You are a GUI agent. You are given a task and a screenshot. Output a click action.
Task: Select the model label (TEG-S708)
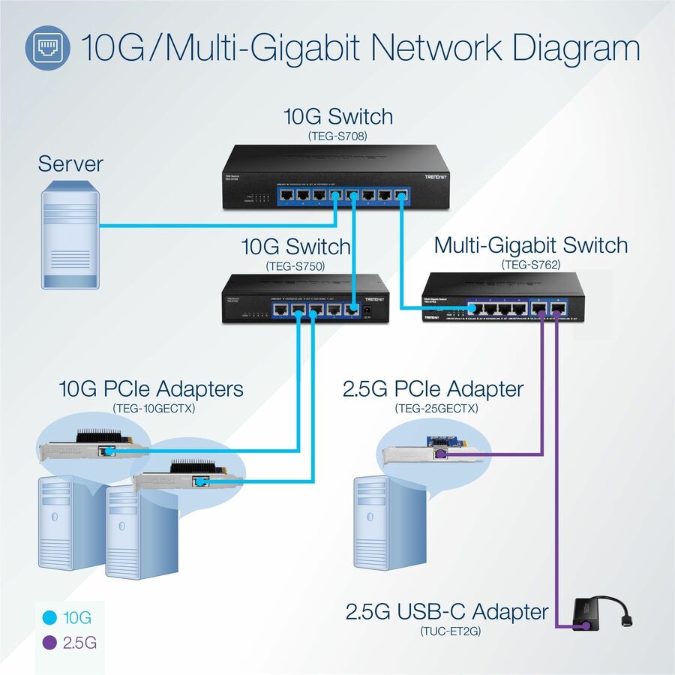(338, 136)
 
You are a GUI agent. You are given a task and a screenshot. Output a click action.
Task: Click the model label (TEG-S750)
(295, 265)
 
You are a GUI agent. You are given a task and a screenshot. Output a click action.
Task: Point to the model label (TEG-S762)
(530, 263)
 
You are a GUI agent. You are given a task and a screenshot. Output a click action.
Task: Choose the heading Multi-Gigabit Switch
(531, 245)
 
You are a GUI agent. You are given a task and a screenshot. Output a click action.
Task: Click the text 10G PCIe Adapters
(151, 388)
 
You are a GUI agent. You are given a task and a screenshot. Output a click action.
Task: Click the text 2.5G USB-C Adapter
(447, 612)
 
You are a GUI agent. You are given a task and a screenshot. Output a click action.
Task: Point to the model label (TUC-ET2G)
(448, 631)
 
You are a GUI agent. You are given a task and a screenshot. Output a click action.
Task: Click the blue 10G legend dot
(51, 619)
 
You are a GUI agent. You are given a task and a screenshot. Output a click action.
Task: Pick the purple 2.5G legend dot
(51, 643)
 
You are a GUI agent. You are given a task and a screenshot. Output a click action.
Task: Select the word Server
(70, 163)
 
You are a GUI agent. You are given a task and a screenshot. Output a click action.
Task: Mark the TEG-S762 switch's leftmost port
(475, 307)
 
